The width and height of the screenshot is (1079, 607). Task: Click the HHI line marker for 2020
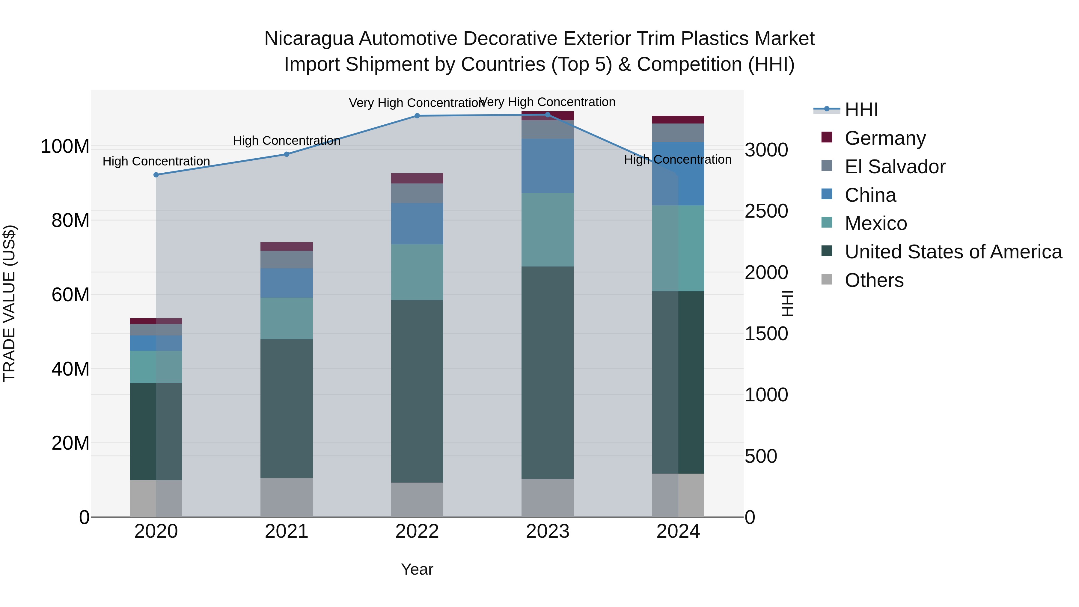[156, 175]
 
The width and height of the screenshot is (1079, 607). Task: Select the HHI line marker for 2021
[287, 154]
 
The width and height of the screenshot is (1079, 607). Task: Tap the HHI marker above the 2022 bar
[417, 116]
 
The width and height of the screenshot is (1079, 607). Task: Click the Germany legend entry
[885, 138]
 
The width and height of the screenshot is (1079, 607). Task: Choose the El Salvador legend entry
[895, 166]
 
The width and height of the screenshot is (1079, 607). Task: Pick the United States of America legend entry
[953, 252]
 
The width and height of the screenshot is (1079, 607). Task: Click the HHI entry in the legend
[861, 110]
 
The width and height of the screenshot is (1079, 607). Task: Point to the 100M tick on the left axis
[65, 147]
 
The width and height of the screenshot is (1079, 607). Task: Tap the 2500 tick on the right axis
[766, 211]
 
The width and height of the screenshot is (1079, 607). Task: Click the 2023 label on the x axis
[548, 531]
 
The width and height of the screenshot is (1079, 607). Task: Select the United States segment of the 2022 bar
[417, 391]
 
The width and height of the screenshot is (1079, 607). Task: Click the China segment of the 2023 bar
[548, 166]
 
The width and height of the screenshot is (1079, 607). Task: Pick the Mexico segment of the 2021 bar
[287, 318]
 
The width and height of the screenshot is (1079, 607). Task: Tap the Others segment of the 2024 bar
[678, 495]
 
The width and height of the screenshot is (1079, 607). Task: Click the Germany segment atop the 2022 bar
[417, 178]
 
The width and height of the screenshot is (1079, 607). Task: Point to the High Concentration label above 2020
[156, 161]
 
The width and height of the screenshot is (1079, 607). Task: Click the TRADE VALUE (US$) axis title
[9, 303]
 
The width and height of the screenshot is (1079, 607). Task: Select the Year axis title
[417, 569]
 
